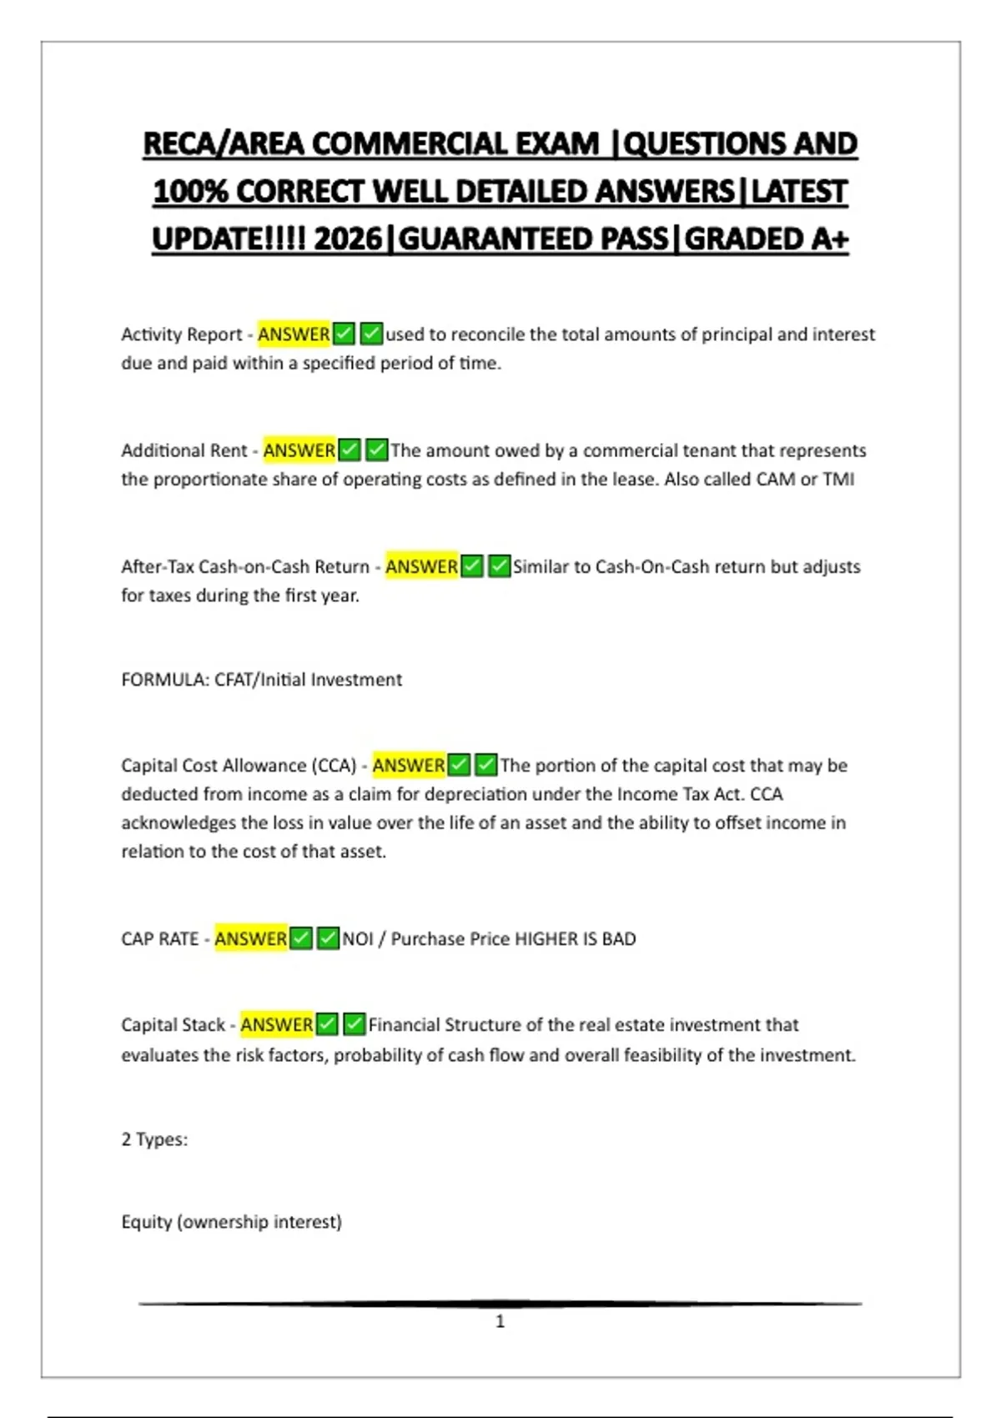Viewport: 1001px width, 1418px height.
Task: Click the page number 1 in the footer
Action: tap(500, 1321)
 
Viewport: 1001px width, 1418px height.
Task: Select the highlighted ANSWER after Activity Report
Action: tap(294, 334)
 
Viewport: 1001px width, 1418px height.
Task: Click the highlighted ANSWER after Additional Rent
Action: tap(299, 450)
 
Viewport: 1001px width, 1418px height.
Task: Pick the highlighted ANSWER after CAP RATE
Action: tap(250, 938)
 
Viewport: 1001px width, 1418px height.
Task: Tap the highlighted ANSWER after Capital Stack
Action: tap(276, 1024)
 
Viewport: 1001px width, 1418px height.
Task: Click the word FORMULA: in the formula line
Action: tap(165, 680)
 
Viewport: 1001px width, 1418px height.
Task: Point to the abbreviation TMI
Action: tap(838, 480)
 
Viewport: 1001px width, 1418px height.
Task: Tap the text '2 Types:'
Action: tap(154, 1139)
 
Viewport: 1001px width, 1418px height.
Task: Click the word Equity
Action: tap(146, 1222)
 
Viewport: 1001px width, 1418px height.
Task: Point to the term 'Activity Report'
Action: tap(181, 334)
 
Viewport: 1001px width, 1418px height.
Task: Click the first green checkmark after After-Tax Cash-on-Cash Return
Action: tap(472, 567)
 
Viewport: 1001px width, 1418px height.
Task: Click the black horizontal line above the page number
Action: tap(500, 1303)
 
